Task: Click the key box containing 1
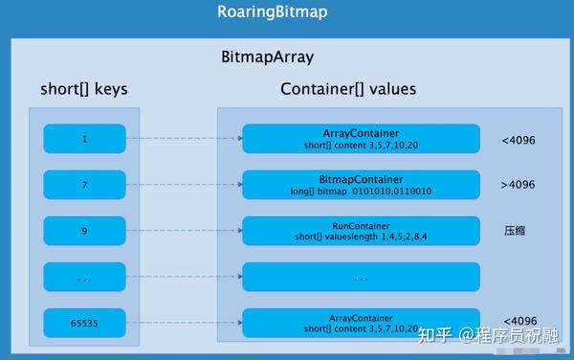pyautogui.click(x=84, y=139)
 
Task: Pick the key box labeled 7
pyautogui.click(x=84, y=185)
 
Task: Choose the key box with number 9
pyautogui.click(x=84, y=231)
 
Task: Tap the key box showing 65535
pyautogui.click(x=84, y=324)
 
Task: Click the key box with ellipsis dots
pyautogui.click(x=84, y=278)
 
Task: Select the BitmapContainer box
pyautogui.click(x=361, y=185)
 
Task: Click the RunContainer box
pyautogui.click(x=361, y=231)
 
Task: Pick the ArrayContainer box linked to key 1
pyautogui.click(x=361, y=139)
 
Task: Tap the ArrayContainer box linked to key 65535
pyautogui.click(x=361, y=324)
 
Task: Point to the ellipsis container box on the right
pyautogui.click(x=361, y=278)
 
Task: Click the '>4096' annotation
pyautogui.click(x=519, y=185)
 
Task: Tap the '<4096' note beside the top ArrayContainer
pyautogui.click(x=519, y=140)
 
